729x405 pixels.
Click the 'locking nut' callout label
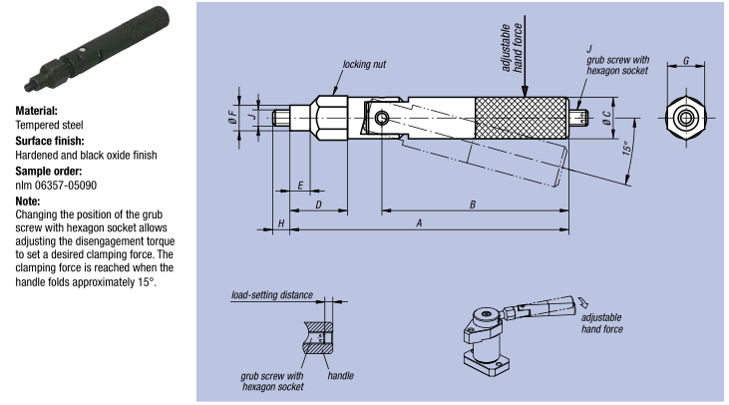tap(364, 64)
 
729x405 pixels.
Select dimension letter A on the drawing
tap(419, 223)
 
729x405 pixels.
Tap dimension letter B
tap(473, 204)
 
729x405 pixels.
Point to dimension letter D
tap(318, 204)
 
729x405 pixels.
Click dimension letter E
tap(300, 186)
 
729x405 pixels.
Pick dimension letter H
tap(281, 223)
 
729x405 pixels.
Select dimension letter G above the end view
tap(686, 61)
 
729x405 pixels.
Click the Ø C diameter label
tap(606, 118)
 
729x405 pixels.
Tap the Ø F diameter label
tap(233, 115)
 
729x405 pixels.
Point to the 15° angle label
tap(627, 148)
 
